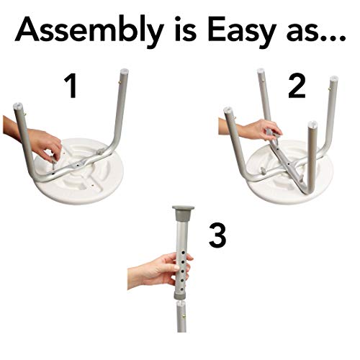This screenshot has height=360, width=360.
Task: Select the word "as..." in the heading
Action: (316, 33)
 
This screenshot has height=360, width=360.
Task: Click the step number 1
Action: (71, 86)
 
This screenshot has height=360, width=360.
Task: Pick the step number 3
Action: (217, 235)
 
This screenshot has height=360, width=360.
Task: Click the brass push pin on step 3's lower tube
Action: (185, 317)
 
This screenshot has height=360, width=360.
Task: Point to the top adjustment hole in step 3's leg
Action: (183, 253)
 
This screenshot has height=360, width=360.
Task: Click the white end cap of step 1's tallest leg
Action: (124, 71)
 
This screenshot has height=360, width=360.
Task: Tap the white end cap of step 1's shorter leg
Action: (18, 105)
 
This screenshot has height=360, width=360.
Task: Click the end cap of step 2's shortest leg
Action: (312, 124)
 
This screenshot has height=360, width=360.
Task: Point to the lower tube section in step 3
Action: (181, 317)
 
